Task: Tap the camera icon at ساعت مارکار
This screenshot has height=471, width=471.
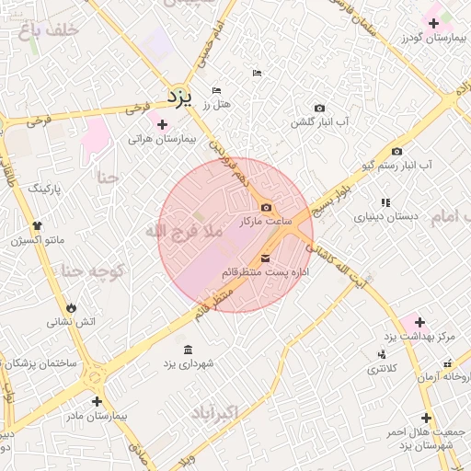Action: click(266, 208)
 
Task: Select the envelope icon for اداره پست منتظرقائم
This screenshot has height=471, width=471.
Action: click(266, 258)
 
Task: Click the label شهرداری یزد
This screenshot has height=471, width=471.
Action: click(189, 364)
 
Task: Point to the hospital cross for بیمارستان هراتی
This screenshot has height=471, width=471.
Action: click(162, 124)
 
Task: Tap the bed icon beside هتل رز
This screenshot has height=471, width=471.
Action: click(216, 91)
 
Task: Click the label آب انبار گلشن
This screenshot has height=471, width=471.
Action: click(319, 122)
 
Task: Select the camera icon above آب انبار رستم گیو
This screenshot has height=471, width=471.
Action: click(396, 151)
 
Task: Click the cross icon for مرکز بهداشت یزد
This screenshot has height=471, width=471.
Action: click(419, 322)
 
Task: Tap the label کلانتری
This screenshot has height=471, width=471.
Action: click(382, 369)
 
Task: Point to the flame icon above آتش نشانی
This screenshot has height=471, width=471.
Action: click(71, 307)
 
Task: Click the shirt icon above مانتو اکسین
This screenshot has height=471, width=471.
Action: click(37, 225)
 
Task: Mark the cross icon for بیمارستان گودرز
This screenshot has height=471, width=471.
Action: click(434, 22)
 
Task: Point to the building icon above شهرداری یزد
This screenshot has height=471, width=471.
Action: click(189, 350)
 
